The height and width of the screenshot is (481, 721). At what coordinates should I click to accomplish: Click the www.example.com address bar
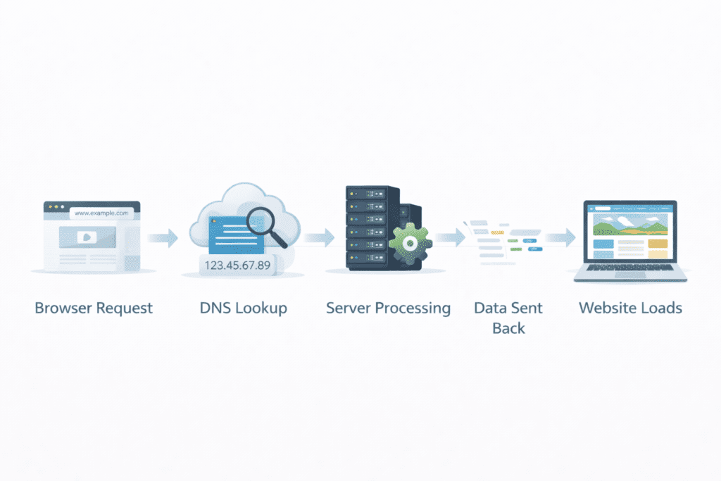(x=100, y=212)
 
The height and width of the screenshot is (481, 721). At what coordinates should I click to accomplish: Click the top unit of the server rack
(x=368, y=192)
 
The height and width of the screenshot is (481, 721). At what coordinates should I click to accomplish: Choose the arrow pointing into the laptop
(x=560, y=238)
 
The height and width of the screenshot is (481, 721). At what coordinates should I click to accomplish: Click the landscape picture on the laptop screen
(x=629, y=225)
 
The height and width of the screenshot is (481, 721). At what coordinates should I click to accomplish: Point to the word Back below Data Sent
(x=508, y=328)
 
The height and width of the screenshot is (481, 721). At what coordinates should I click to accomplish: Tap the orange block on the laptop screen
(x=657, y=243)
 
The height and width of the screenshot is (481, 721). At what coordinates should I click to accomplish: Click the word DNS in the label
(x=216, y=308)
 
